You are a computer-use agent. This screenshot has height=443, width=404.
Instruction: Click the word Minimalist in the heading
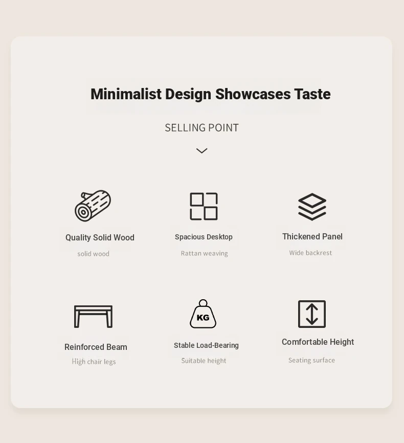click(126, 94)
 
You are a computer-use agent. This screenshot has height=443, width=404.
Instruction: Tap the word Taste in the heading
click(312, 94)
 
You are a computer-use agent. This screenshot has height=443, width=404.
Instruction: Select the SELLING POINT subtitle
click(201, 128)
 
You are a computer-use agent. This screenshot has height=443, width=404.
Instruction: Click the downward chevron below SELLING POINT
click(201, 150)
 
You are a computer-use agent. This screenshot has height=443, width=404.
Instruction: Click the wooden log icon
click(93, 206)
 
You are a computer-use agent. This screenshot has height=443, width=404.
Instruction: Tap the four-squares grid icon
click(204, 206)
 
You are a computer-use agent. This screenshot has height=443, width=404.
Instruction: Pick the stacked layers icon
click(312, 207)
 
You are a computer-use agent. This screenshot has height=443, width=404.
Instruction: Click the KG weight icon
click(203, 314)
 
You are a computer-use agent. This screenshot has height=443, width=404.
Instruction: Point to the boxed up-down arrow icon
click(299, 314)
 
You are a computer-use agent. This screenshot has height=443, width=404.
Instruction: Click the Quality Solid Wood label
click(100, 237)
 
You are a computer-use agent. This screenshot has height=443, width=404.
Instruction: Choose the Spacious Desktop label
click(204, 237)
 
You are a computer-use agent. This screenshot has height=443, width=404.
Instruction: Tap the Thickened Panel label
click(312, 236)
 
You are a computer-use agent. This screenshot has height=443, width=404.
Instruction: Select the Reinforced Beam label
click(96, 347)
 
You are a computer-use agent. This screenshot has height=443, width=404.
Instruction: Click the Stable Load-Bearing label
click(206, 345)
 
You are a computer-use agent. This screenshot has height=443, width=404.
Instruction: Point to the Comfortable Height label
click(318, 342)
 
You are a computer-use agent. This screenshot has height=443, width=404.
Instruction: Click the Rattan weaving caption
click(204, 253)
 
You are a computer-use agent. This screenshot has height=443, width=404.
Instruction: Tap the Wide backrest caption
click(310, 253)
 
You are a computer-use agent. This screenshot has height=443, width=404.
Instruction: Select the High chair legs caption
click(94, 362)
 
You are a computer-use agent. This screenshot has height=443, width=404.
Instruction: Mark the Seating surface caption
click(311, 360)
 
